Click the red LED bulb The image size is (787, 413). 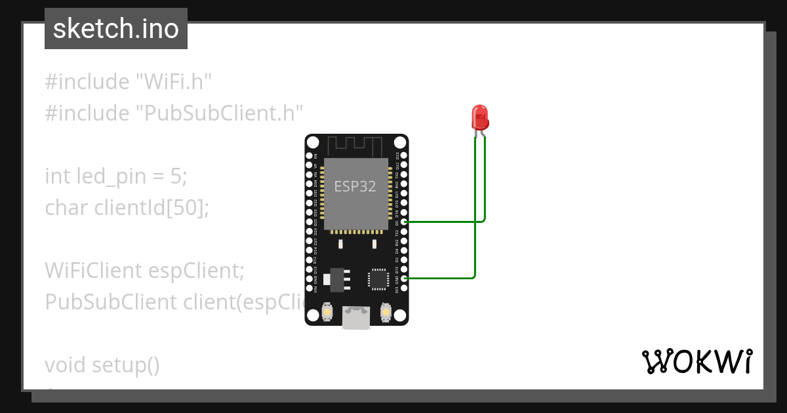(480, 117)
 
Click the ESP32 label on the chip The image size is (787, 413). (355, 186)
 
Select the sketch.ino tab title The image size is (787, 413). (115, 29)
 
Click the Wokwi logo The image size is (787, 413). (696, 362)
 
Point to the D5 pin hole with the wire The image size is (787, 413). (405, 222)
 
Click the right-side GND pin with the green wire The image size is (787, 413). (405, 279)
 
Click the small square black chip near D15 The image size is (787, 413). (378, 279)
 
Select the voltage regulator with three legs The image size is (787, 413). (335, 279)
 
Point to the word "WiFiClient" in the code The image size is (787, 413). (91, 270)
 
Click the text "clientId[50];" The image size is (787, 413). (151, 208)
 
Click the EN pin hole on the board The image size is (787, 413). (309, 156)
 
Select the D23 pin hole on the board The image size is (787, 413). (405, 156)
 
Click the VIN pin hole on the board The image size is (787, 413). (309, 288)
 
